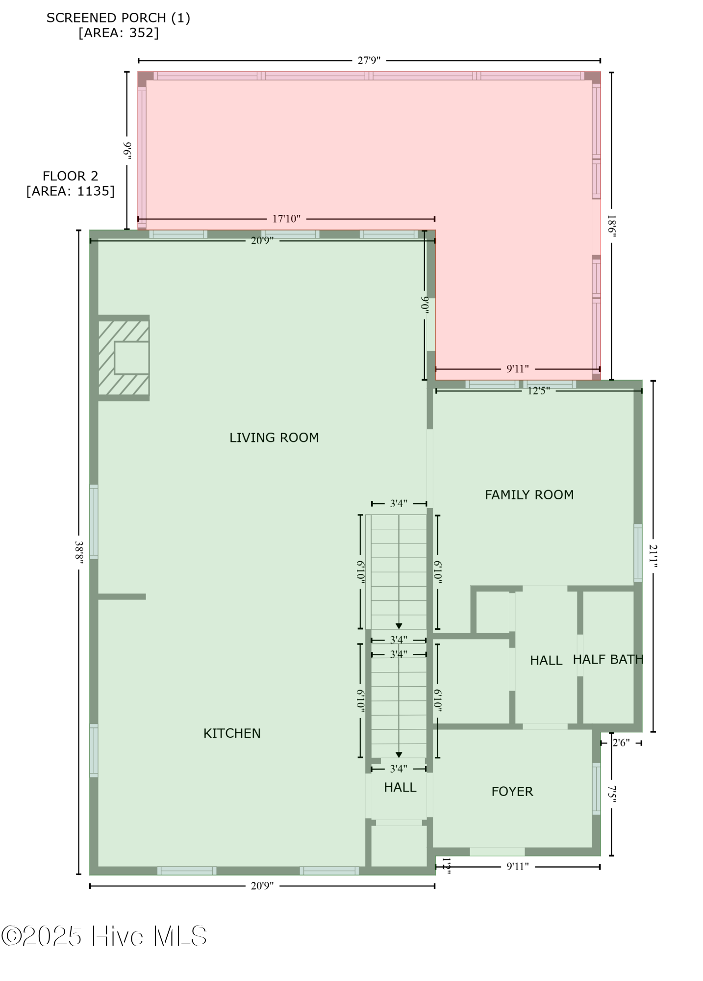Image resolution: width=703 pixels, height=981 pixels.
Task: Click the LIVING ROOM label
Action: pyautogui.click(x=274, y=438)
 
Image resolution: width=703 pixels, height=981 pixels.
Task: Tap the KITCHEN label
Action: pyautogui.click(x=232, y=733)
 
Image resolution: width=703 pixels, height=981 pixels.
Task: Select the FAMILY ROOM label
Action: pyautogui.click(x=529, y=495)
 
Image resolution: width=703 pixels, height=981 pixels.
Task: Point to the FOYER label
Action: pyautogui.click(x=512, y=791)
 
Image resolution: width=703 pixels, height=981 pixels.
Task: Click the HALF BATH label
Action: pyautogui.click(x=608, y=659)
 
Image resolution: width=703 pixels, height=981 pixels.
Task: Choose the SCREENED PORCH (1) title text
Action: pyautogui.click(x=118, y=18)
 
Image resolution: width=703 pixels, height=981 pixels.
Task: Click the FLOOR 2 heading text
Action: pyautogui.click(x=70, y=176)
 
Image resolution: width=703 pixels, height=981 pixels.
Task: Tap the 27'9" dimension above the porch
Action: pyautogui.click(x=369, y=60)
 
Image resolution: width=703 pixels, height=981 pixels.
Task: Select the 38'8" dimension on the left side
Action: pyautogui.click(x=78, y=552)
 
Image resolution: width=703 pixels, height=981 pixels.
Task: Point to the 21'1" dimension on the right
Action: pyautogui.click(x=653, y=556)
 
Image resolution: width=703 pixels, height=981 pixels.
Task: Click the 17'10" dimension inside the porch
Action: pyautogui.click(x=286, y=219)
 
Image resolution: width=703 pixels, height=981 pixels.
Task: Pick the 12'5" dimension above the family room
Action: pyautogui.click(x=538, y=390)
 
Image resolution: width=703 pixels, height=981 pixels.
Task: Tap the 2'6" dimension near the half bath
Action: pyautogui.click(x=621, y=743)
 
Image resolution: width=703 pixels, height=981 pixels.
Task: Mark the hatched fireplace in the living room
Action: pyautogui.click(x=124, y=358)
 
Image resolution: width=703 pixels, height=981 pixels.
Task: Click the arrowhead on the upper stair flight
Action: pyautogui.click(x=399, y=626)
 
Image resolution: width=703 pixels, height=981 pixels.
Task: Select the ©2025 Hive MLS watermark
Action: pyautogui.click(x=104, y=936)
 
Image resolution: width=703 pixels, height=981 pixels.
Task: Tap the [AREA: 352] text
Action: pyautogui.click(x=118, y=33)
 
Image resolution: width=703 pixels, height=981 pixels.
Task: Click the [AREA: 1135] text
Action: pyautogui.click(x=70, y=191)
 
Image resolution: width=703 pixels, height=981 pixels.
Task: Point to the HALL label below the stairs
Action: pyautogui.click(x=400, y=787)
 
